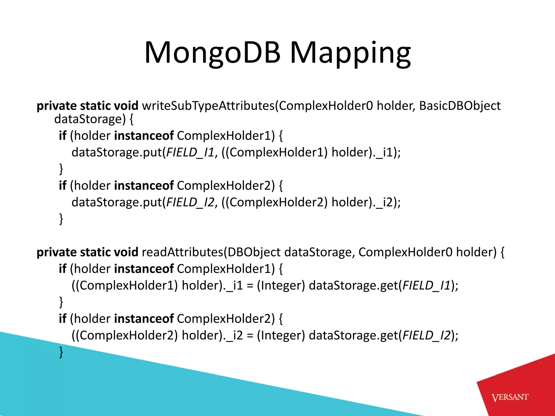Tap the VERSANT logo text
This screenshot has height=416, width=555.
510,397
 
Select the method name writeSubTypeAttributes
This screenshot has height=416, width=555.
208,106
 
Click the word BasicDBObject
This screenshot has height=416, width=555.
460,106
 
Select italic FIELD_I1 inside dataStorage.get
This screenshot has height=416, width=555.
427,285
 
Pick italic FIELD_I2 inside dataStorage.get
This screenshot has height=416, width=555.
427,336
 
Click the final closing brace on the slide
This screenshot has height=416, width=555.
61,352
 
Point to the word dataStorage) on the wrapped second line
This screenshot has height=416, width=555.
90,119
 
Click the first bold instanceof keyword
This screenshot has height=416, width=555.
144,136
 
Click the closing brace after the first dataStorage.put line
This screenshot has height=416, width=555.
61,169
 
